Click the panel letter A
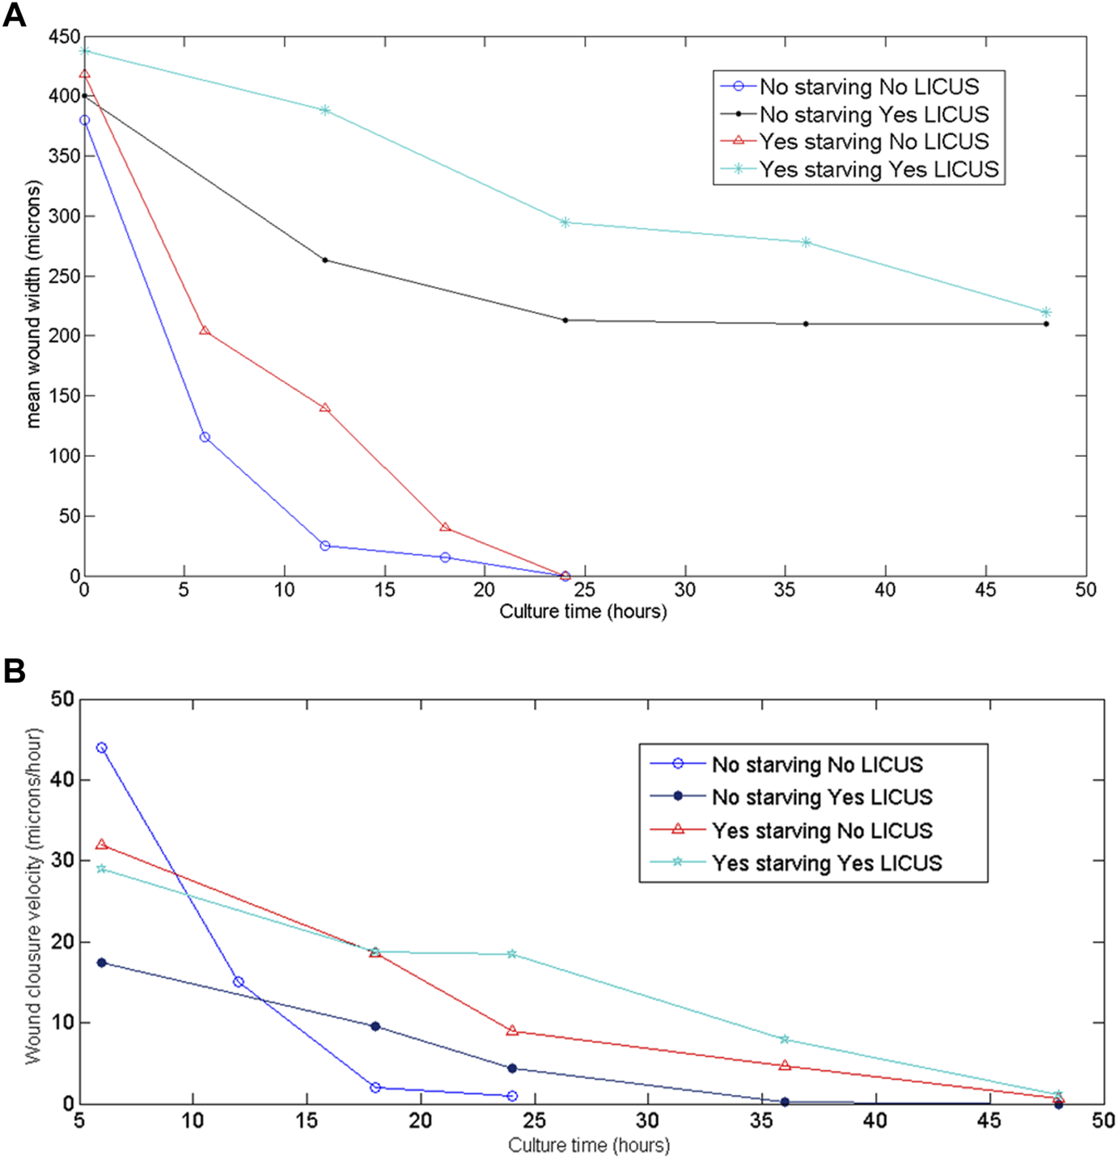(x=15, y=15)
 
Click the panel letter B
(x=15, y=670)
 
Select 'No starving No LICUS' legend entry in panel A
(x=869, y=87)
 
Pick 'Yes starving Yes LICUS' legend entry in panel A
(x=879, y=169)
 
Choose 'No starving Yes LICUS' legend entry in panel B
(x=822, y=797)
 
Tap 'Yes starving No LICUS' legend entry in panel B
(x=822, y=831)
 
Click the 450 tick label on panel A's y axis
(x=65, y=36)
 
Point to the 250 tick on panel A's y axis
(x=65, y=276)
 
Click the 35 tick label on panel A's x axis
(x=784, y=590)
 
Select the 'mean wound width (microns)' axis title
(x=33, y=304)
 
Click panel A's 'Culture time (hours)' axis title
(x=582, y=611)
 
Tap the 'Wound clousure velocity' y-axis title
(x=33, y=896)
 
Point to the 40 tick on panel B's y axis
(x=62, y=780)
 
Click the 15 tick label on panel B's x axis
(x=307, y=1121)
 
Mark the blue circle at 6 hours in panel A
(x=205, y=437)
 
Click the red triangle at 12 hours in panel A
(x=325, y=408)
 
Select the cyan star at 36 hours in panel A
(x=806, y=242)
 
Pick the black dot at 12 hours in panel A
(x=325, y=260)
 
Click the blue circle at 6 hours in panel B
(x=102, y=747)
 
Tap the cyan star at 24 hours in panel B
(x=512, y=954)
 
